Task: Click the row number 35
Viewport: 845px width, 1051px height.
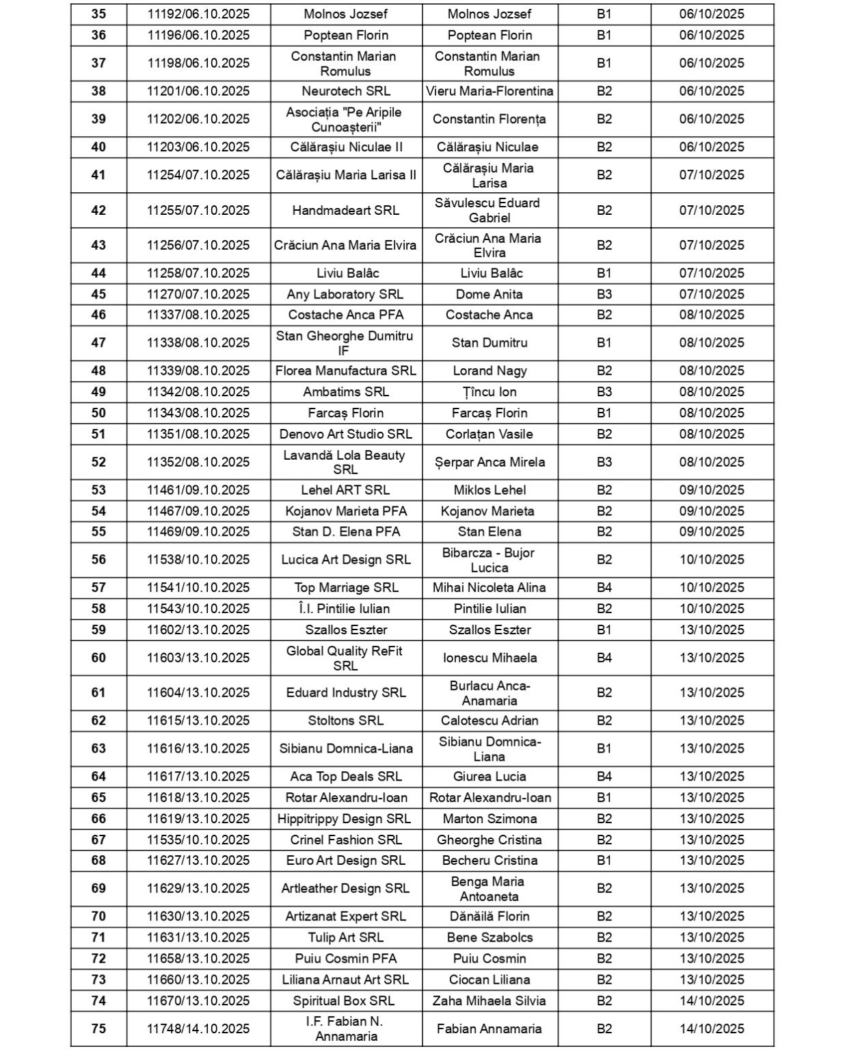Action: point(98,14)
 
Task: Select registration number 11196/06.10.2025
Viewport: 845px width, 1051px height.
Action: point(198,36)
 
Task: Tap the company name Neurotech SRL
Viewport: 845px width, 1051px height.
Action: point(346,92)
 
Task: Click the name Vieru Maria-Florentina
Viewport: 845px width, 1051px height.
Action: point(489,92)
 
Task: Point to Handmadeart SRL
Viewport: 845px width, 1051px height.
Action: point(346,211)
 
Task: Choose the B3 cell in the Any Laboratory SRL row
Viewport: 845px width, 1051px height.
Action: point(604,294)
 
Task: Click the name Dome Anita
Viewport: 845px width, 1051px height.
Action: point(489,294)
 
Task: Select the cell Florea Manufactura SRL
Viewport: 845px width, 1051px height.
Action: point(346,371)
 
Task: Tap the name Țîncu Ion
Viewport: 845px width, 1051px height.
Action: point(489,392)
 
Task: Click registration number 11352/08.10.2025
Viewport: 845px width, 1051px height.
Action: point(198,463)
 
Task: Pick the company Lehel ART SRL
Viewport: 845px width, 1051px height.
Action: point(346,491)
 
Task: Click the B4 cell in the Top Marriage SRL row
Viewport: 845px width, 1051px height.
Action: point(604,588)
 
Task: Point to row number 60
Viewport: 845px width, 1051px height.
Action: point(98,658)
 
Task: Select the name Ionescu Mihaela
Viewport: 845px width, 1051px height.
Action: point(489,658)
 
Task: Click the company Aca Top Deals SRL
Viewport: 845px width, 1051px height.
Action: point(346,777)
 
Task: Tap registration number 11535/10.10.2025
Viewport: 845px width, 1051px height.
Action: point(198,840)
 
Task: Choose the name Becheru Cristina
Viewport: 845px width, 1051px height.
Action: point(489,861)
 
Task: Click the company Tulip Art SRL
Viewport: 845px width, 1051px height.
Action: point(346,938)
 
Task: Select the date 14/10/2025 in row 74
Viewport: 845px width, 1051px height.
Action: point(712,1001)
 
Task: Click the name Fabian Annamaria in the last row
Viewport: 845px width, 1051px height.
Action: point(489,1029)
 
